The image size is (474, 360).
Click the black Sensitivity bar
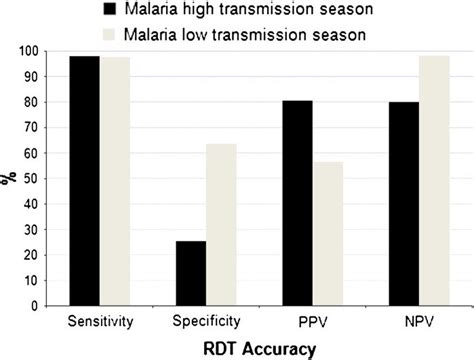tap(84, 180)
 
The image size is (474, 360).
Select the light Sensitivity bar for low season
tap(115, 180)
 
